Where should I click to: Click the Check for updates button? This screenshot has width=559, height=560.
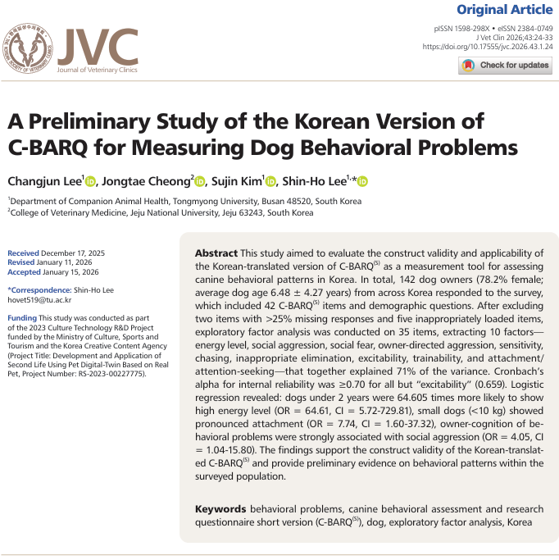click(504, 66)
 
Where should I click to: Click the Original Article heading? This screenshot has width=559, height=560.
click(503, 10)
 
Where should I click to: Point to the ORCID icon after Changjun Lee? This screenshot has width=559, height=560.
click(90, 181)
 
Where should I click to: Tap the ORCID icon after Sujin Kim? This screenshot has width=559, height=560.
click(270, 181)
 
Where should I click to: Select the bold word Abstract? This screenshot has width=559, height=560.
click(216, 253)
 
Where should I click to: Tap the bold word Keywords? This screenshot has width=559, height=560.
click(221, 508)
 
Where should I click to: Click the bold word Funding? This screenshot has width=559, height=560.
click(22, 317)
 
